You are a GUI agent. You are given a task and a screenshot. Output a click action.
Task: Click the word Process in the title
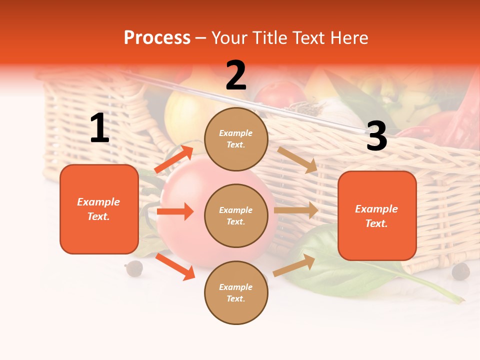tap(157, 38)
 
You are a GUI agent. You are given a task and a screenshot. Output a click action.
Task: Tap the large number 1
tap(99, 128)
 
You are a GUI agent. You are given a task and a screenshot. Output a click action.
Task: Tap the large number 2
tap(236, 75)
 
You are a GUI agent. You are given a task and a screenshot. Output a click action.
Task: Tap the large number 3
tap(376, 136)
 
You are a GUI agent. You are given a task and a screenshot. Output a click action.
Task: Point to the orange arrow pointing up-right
tap(174, 159)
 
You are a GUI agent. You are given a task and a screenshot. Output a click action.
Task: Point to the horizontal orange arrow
tap(175, 211)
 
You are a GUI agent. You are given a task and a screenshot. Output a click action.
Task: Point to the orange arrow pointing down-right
tap(175, 266)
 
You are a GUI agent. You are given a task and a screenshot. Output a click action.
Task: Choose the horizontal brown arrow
tap(296, 210)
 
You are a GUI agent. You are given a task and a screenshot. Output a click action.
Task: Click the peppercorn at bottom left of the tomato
tap(134, 268)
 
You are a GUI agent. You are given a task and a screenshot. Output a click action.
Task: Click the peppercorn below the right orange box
tap(460, 271)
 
